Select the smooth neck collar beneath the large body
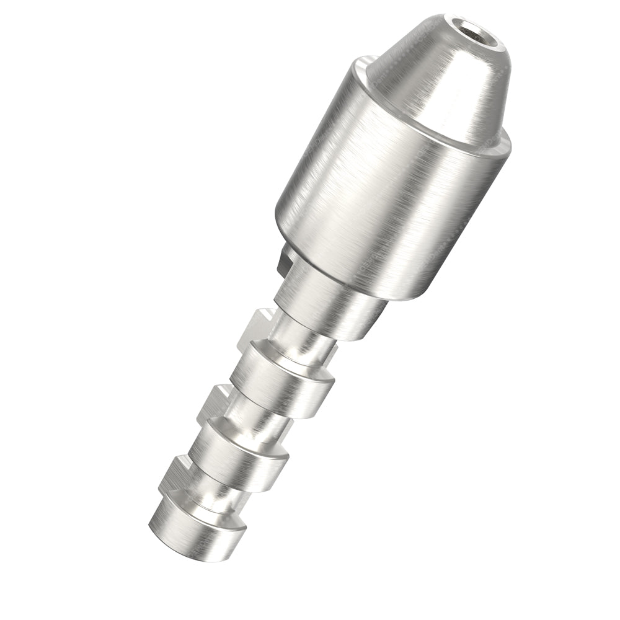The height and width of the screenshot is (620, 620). click(x=322, y=304)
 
